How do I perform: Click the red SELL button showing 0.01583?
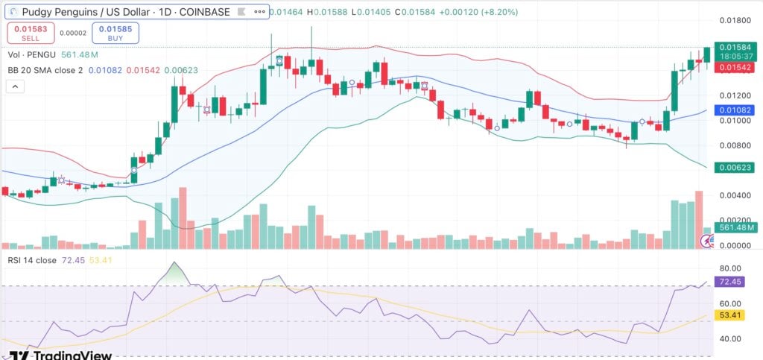[27, 33]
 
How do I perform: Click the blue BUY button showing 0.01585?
[111, 33]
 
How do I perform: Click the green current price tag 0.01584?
[734, 46]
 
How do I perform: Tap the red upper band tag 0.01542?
[734, 67]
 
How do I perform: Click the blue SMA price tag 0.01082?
[734, 110]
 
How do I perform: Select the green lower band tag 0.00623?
[734, 168]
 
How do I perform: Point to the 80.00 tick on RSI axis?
[729, 268]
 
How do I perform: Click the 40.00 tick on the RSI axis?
[729, 338]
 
